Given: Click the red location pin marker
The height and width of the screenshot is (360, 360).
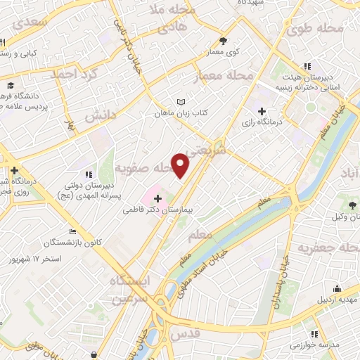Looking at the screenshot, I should pos(181,165).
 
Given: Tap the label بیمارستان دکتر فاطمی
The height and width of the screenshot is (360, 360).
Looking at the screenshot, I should pos(164,210).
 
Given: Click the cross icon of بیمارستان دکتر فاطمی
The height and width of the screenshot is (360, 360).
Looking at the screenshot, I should pos(157,199).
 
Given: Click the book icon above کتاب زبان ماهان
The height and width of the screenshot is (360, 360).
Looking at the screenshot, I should pos(184,102).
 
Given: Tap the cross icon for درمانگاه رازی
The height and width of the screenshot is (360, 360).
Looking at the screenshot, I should pos(262,111).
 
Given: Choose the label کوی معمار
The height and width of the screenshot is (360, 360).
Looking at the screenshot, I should pos(223,51).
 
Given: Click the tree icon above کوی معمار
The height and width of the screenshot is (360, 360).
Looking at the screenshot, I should pos(224,41).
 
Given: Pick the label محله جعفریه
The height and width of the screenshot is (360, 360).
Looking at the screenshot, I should pos(323,248).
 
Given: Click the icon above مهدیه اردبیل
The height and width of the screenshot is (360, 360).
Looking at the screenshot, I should pos(337,288).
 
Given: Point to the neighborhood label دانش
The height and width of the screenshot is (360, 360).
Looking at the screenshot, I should pos(100,117).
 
